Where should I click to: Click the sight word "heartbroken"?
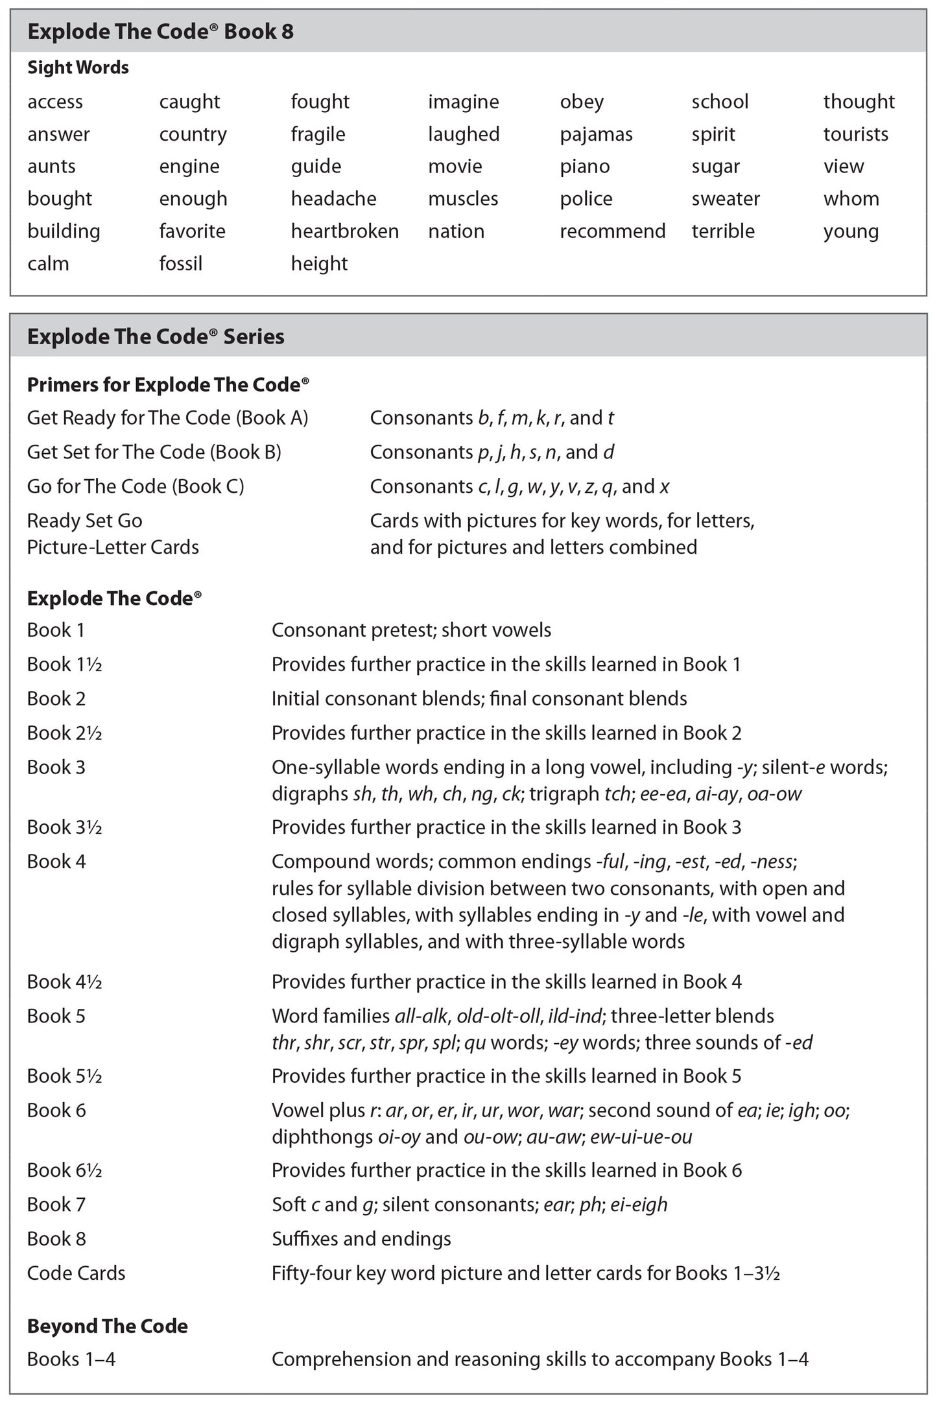coord(344,231)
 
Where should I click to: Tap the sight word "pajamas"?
coord(596,134)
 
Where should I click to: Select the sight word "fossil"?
coord(181,264)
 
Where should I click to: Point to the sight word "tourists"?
coord(855,134)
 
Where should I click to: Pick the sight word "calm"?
coord(48,264)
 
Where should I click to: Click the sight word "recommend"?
coord(612,231)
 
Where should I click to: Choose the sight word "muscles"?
coord(463,199)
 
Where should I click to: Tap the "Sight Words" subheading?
coord(78,68)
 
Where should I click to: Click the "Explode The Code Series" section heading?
coord(156,336)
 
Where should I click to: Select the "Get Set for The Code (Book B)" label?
coord(154,452)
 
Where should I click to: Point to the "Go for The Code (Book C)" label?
coord(136,486)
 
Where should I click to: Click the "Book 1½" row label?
coord(64,665)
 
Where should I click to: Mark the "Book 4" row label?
coord(56,862)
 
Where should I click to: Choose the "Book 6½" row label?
coord(64,1170)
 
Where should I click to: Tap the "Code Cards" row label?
coord(76,1273)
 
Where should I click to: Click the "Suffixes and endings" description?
coord(361,1239)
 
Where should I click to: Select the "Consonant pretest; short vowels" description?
coord(411,630)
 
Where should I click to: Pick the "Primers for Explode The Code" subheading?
coord(167,385)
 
